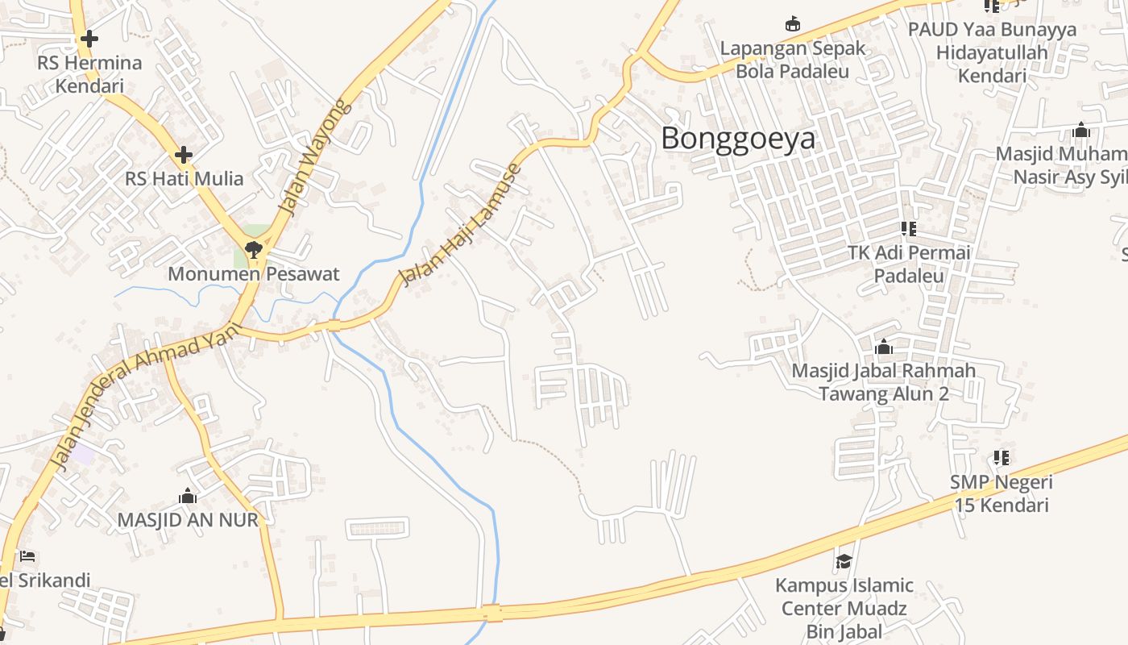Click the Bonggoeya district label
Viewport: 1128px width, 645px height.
(738, 139)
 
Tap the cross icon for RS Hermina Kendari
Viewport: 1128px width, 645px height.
(89, 38)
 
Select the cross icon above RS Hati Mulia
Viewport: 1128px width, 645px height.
(184, 154)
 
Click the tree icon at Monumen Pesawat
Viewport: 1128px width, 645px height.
(254, 249)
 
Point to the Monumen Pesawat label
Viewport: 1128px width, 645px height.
(254, 274)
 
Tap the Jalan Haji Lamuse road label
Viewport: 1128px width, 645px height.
(462, 224)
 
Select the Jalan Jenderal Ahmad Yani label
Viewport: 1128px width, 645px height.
(145, 395)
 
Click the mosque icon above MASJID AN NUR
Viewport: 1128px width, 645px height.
(188, 496)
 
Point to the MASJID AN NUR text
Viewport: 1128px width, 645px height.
(188, 520)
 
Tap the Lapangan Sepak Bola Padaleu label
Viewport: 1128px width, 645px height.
(793, 59)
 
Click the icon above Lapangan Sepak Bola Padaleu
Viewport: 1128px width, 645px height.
(793, 23)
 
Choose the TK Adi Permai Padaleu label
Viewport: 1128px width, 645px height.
(909, 264)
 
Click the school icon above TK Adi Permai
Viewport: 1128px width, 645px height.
(909, 229)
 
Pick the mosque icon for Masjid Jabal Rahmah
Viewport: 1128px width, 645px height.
(884, 347)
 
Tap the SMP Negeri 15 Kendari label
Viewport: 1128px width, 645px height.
(1002, 493)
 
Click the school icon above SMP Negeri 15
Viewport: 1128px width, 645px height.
(1002, 458)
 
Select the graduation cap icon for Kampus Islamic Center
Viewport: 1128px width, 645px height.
(844, 560)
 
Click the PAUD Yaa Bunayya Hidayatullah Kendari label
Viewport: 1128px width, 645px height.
(992, 52)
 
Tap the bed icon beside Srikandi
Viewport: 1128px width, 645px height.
(27, 556)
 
